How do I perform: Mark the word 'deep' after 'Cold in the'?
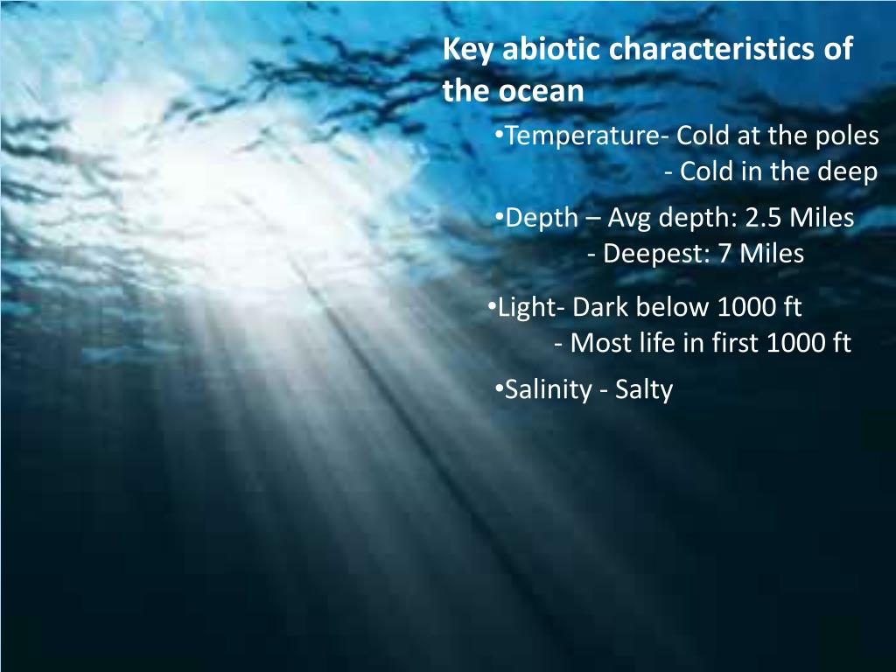(847, 172)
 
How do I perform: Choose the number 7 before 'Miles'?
(724, 255)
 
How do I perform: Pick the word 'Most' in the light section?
(597, 344)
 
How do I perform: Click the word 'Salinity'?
(548, 389)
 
